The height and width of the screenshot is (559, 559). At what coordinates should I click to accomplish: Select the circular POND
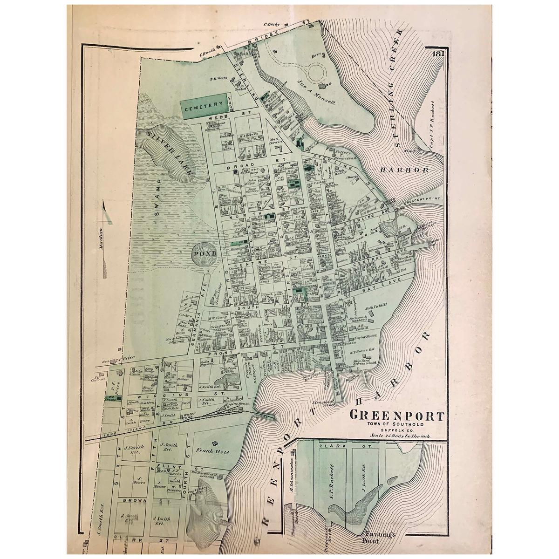203,254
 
